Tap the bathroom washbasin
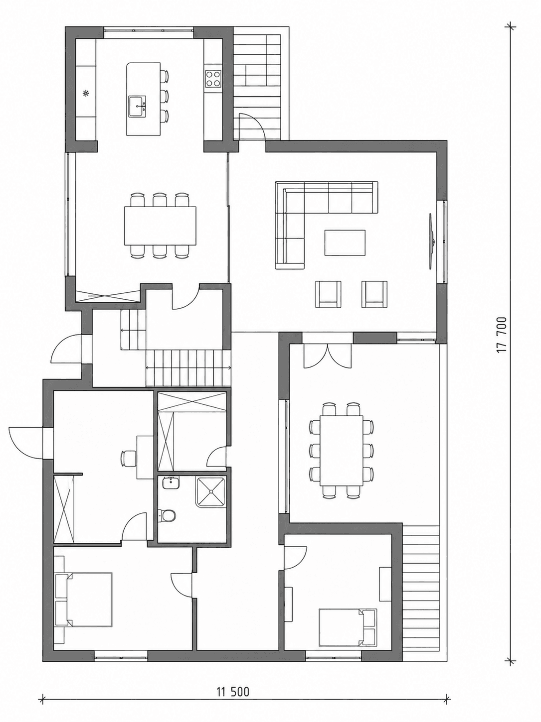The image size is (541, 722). pyautogui.click(x=171, y=483)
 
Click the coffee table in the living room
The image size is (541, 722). pyautogui.click(x=345, y=242)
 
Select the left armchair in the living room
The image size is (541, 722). pyautogui.click(x=328, y=294)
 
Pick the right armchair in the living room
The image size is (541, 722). pyautogui.click(x=374, y=294)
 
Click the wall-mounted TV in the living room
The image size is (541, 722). pyautogui.click(x=432, y=242)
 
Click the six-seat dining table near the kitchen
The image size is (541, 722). pyautogui.click(x=161, y=226)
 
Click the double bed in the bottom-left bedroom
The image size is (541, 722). pyautogui.click(x=84, y=600)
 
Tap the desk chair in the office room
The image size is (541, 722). pyautogui.click(x=127, y=458)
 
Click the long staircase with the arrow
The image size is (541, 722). pyautogui.click(x=188, y=368)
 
